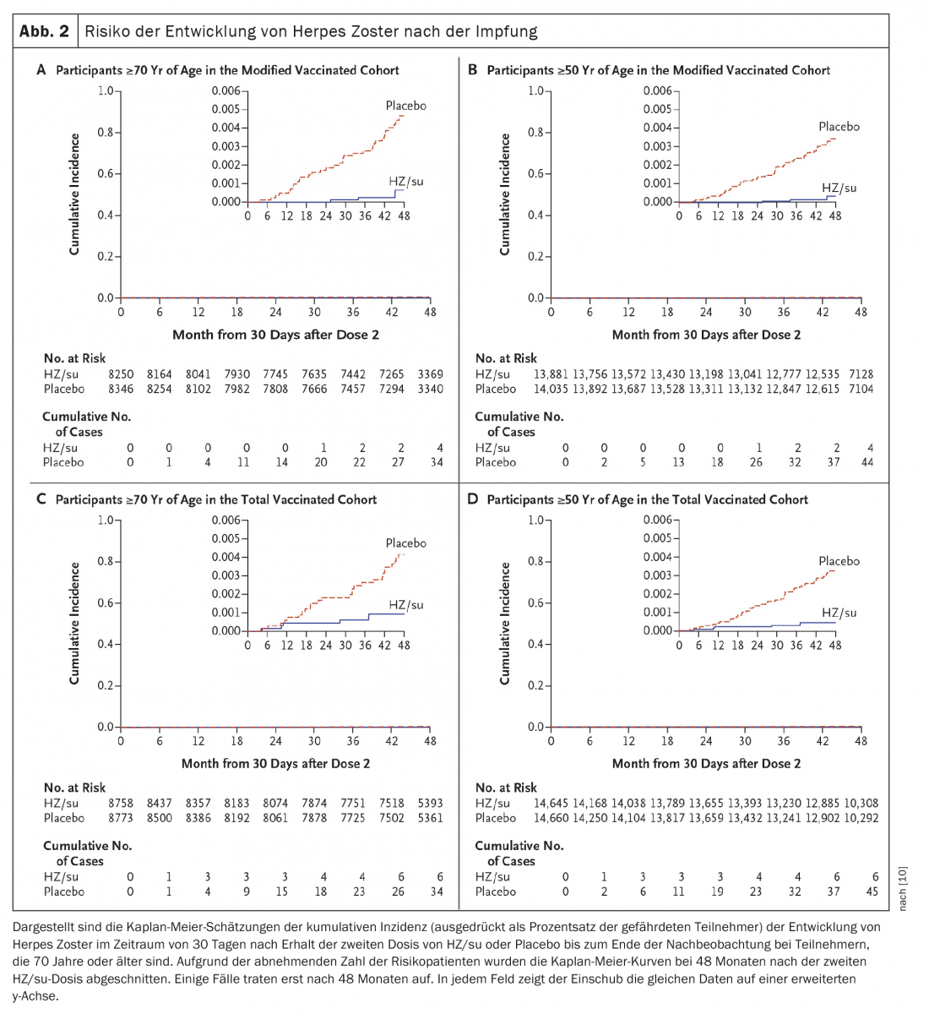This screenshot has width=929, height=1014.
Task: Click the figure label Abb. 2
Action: tap(44, 32)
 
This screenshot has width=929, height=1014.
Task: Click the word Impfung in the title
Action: tap(507, 32)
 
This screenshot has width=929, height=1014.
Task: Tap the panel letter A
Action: tap(41, 70)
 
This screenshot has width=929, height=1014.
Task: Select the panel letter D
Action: tap(473, 499)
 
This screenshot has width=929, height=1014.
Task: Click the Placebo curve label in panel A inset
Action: tap(405, 106)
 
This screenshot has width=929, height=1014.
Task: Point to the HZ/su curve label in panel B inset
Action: tap(839, 188)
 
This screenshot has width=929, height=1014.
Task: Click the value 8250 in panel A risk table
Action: tap(121, 373)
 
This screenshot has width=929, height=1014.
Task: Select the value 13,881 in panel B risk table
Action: tap(551, 373)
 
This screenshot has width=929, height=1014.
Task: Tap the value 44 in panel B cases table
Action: tap(867, 462)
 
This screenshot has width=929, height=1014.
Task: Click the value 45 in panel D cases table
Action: tap(872, 891)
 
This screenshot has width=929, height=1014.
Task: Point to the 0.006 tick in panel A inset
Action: tap(225, 91)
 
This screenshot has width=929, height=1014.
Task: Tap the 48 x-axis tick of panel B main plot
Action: tap(861, 312)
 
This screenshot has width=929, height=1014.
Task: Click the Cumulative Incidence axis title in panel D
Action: tap(505, 624)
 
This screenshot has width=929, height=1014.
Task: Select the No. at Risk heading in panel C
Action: tap(75, 788)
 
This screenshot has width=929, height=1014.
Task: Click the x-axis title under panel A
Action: tap(275, 335)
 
